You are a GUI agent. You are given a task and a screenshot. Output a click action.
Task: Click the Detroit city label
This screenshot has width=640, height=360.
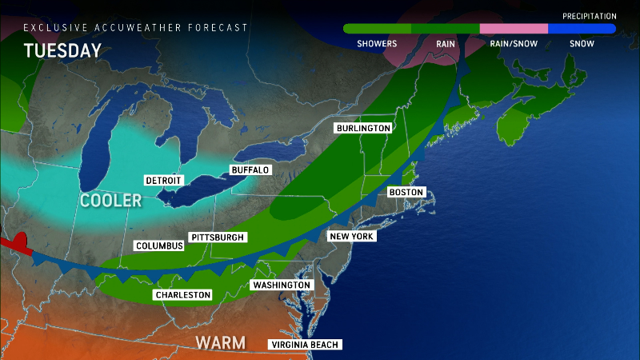(164, 180)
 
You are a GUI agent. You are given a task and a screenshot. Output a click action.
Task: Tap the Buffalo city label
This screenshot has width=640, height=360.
(250, 170)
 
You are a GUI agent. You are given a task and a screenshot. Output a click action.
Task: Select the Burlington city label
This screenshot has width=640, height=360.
(363, 128)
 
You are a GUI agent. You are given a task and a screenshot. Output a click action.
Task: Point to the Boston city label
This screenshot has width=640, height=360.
(406, 193)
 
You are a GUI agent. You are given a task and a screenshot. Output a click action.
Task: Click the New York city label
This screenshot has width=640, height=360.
(352, 236)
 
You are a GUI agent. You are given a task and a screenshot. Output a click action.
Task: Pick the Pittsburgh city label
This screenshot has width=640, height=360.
(218, 237)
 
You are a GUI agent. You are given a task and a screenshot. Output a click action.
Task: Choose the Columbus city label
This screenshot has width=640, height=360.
(159, 246)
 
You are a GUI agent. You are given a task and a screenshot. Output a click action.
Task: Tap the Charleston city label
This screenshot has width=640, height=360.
(183, 295)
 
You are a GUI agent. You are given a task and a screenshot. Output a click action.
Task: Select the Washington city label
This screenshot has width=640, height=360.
(281, 285)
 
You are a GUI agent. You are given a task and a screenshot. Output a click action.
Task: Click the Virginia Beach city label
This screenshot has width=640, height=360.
(306, 345)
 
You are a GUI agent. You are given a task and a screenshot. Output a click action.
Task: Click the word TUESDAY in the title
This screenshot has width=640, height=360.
(62, 51)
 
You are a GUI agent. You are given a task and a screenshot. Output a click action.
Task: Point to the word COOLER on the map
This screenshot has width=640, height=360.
(110, 200)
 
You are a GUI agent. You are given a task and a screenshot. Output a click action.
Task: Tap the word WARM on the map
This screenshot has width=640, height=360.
(220, 343)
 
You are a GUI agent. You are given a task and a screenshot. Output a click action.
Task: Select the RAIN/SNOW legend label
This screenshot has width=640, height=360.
(513, 44)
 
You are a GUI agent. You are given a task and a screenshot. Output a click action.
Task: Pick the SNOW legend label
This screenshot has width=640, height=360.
(582, 44)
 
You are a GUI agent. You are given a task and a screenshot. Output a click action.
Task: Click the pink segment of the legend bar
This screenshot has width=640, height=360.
(513, 29)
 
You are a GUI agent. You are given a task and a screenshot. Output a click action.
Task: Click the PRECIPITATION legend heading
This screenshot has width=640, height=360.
(589, 16)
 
